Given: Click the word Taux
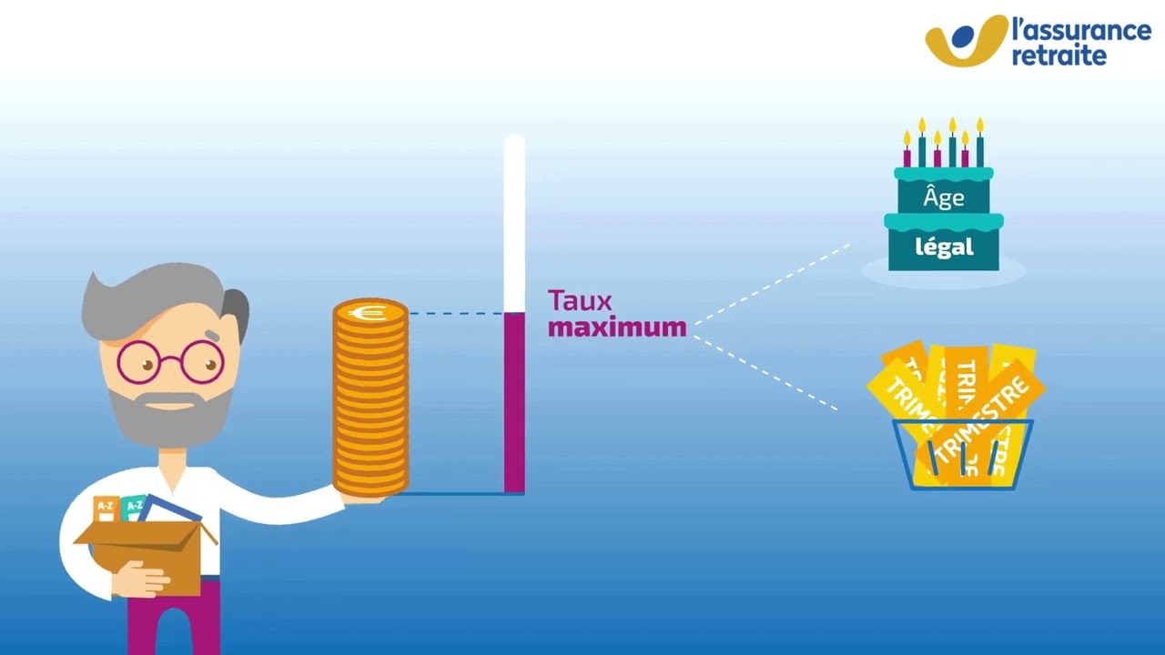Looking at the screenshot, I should [580, 301].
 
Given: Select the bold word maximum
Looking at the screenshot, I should [617, 327].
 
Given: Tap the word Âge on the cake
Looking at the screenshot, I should [943, 198].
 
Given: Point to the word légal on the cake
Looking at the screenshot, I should [944, 247].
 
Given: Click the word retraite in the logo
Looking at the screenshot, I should [1059, 55].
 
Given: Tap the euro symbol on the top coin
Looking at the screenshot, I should [370, 313].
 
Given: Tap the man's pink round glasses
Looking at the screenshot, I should [169, 362].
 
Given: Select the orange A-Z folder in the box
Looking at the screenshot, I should [106, 508].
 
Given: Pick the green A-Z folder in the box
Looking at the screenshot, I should [134, 505].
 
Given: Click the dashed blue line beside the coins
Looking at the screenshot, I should [455, 314].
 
